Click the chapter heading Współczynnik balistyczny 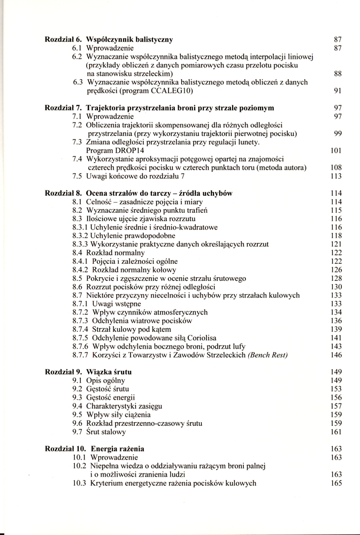[129, 40]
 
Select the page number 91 [337, 91]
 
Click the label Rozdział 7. [63, 108]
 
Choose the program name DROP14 [107, 150]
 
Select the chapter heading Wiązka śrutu [109, 371]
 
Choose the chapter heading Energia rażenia [117, 448]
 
